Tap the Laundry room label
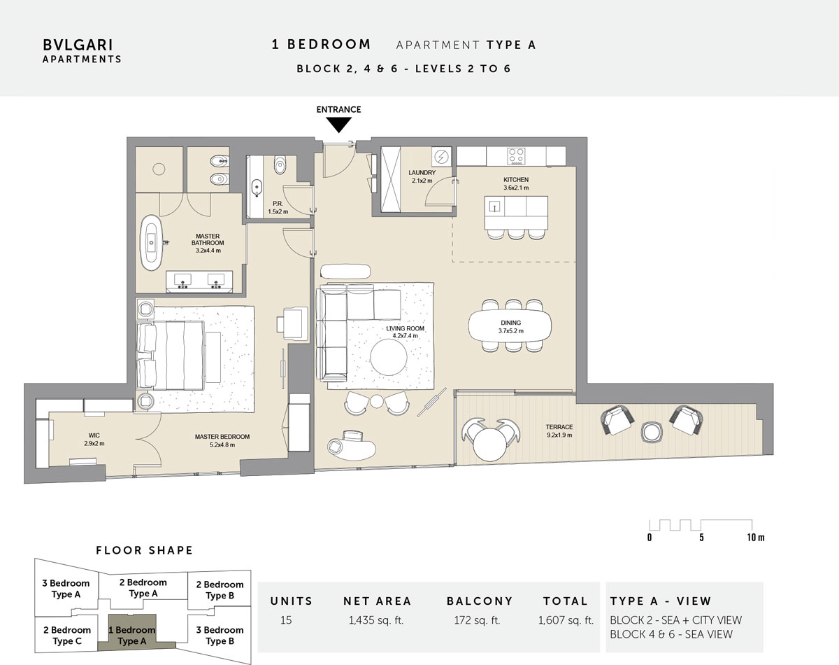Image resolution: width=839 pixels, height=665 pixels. pyautogui.click(x=422, y=176)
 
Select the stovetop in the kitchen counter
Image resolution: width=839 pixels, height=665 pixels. pyautogui.click(x=516, y=156)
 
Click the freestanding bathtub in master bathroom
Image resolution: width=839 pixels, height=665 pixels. pyautogui.click(x=152, y=242)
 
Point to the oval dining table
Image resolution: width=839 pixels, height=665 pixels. pyautogui.click(x=510, y=326)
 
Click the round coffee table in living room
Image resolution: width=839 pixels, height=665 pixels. pyautogui.click(x=388, y=357)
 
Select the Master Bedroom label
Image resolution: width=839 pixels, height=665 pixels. pyautogui.click(x=222, y=440)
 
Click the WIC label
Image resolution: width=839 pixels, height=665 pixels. pyautogui.click(x=94, y=440)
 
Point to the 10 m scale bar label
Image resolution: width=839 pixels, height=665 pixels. pyautogui.click(x=756, y=538)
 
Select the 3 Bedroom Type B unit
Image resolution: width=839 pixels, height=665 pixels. pyautogui.click(x=220, y=636)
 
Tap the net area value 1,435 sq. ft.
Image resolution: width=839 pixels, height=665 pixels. pyautogui.click(x=376, y=620)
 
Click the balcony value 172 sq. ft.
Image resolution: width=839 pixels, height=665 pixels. pyautogui.click(x=477, y=620)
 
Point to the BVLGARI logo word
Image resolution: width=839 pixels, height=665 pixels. pyautogui.click(x=78, y=45)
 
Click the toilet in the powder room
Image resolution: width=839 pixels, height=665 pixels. pyautogui.click(x=280, y=165)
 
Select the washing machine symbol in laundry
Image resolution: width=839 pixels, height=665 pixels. pyautogui.click(x=441, y=157)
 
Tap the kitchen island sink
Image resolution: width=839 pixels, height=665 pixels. pyautogui.click(x=495, y=206)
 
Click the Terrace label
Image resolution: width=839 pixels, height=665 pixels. pyautogui.click(x=559, y=431)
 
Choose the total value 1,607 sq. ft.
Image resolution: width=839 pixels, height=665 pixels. pyautogui.click(x=566, y=620)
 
